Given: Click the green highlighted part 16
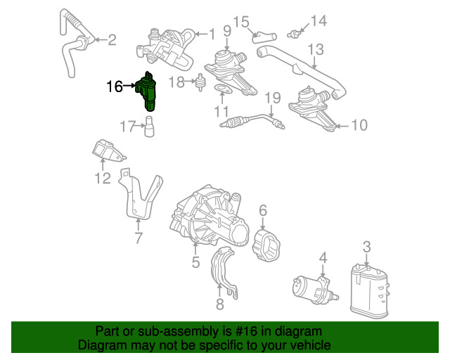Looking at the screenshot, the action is tap(147, 92).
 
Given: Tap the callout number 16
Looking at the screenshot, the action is tap(115, 86).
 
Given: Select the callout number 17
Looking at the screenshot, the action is tap(127, 126).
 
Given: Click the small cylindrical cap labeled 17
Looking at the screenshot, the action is tap(148, 127).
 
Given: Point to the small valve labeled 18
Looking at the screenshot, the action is tap(200, 82).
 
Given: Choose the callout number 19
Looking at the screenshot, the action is tap(272, 98).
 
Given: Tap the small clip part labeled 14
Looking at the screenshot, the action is tap(294, 34).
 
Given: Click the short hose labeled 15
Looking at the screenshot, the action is tap(264, 38).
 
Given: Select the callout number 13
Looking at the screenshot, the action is tap(316, 49).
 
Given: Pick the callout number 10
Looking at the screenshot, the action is tap(359, 125).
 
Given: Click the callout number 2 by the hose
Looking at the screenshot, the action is tap(112, 40).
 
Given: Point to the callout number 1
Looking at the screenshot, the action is tap(212, 34).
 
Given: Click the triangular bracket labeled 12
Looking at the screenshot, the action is tap(108, 151).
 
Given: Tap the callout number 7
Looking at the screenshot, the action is tap(139, 238).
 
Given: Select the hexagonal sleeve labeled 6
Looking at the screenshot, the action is tap(266, 245).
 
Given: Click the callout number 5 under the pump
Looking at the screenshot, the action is tap(195, 262).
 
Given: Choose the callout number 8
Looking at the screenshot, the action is tap(220, 304).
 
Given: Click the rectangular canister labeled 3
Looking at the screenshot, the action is tap(370, 291).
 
